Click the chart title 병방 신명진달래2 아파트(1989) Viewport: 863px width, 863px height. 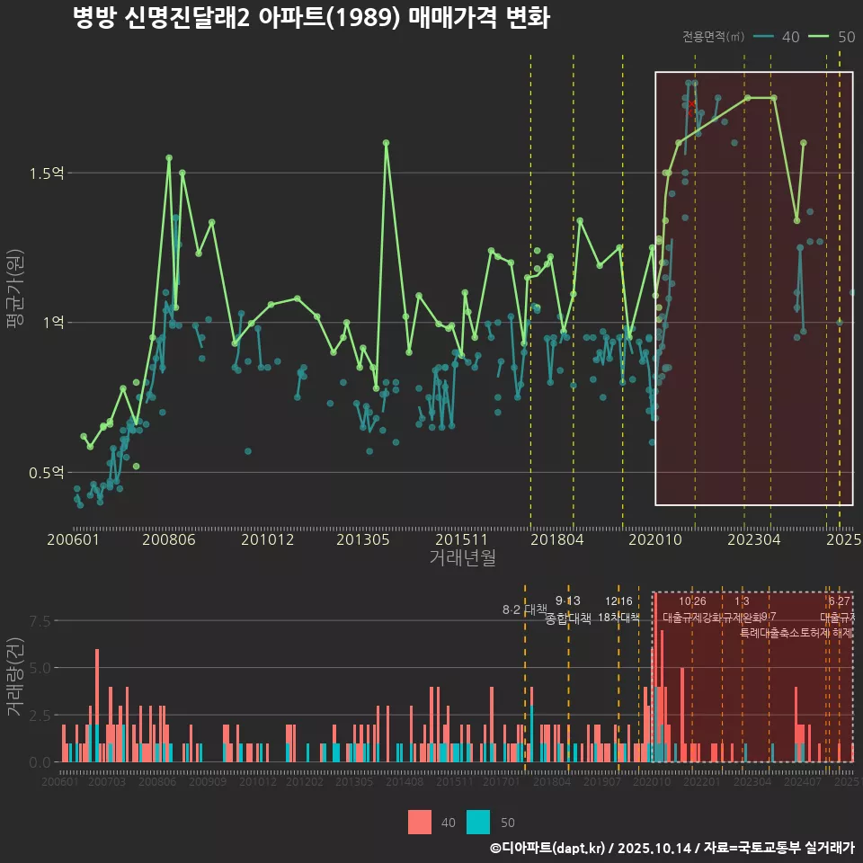click(310, 18)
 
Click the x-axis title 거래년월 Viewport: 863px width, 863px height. click(462, 558)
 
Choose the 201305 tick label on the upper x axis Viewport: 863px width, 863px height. click(363, 539)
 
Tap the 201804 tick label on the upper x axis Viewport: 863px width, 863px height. click(556, 539)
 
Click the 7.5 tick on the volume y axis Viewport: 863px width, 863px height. click(40, 621)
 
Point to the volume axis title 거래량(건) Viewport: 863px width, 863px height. click(14, 676)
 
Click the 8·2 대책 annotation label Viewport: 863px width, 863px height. click(525, 609)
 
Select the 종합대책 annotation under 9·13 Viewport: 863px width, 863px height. click(568, 618)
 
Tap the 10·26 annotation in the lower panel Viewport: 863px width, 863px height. click(692, 601)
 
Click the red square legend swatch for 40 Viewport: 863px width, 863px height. click(420, 822)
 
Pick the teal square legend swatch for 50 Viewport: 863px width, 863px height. click(479, 822)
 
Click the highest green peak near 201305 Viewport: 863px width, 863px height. click(386, 142)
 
